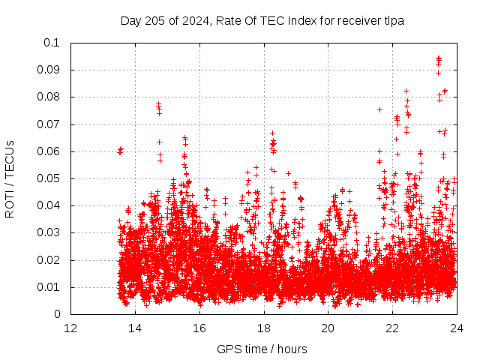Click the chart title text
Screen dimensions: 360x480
tap(262, 21)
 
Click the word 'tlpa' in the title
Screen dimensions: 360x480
tap(393, 21)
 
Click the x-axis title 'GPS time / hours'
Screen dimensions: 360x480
tap(262, 349)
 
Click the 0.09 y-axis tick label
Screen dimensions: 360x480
tap(48, 70)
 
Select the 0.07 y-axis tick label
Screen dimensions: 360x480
tap(48, 124)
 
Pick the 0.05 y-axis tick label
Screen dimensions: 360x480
tap(48, 178)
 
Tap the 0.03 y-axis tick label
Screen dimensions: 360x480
tap(48, 233)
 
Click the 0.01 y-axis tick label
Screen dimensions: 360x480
tap(48, 287)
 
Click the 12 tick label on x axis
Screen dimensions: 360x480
tap(70, 328)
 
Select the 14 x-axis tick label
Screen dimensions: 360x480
tap(135, 328)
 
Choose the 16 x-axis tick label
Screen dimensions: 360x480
tap(199, 328)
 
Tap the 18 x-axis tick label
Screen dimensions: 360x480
tap(264, 328)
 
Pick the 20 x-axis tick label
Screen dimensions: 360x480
tap(328, 328)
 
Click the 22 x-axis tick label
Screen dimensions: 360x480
tap(392, 328)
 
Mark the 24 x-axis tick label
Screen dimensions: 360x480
tap(457, 328)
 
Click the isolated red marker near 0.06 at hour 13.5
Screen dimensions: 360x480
tap(120, 151)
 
